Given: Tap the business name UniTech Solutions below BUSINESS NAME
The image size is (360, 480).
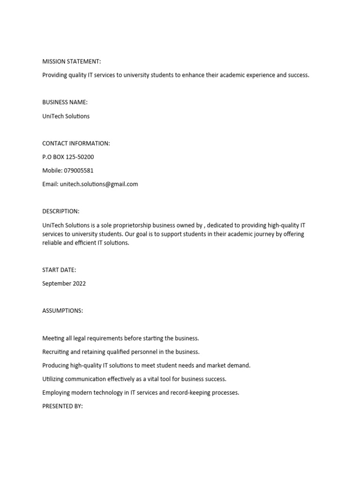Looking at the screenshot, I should click(66, 116).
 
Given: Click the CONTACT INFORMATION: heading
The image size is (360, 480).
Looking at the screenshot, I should click(76, 143).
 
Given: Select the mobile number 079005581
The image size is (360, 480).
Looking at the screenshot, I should click(75, 170).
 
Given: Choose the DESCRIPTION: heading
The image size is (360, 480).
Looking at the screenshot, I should click(61, 211).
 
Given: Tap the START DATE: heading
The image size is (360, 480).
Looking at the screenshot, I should click(59, 270).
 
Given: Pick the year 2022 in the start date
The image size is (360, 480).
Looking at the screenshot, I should click(78, 283).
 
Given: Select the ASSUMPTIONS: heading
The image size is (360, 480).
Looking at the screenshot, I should click(62, 310).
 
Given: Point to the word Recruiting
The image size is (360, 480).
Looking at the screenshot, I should click(56, 352).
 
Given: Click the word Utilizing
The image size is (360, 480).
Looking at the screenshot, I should click(53, 379).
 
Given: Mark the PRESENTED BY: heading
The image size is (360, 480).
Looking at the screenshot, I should click(62, 406).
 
